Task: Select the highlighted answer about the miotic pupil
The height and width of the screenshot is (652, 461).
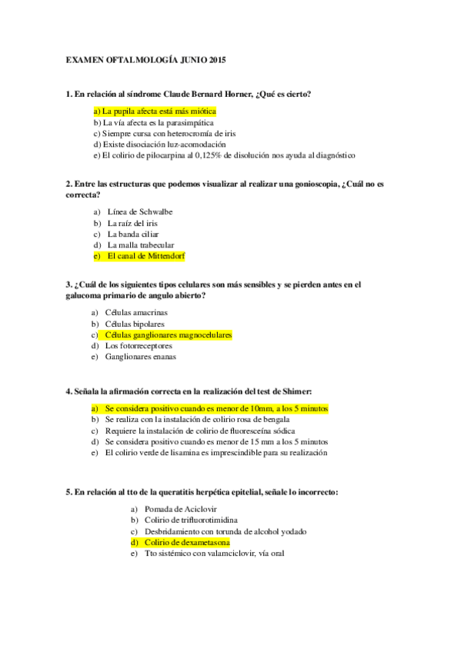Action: coord(154,111)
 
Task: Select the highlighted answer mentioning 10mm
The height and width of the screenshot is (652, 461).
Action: coord(216,409)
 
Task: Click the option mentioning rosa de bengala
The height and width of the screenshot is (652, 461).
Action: coord(197,420)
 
